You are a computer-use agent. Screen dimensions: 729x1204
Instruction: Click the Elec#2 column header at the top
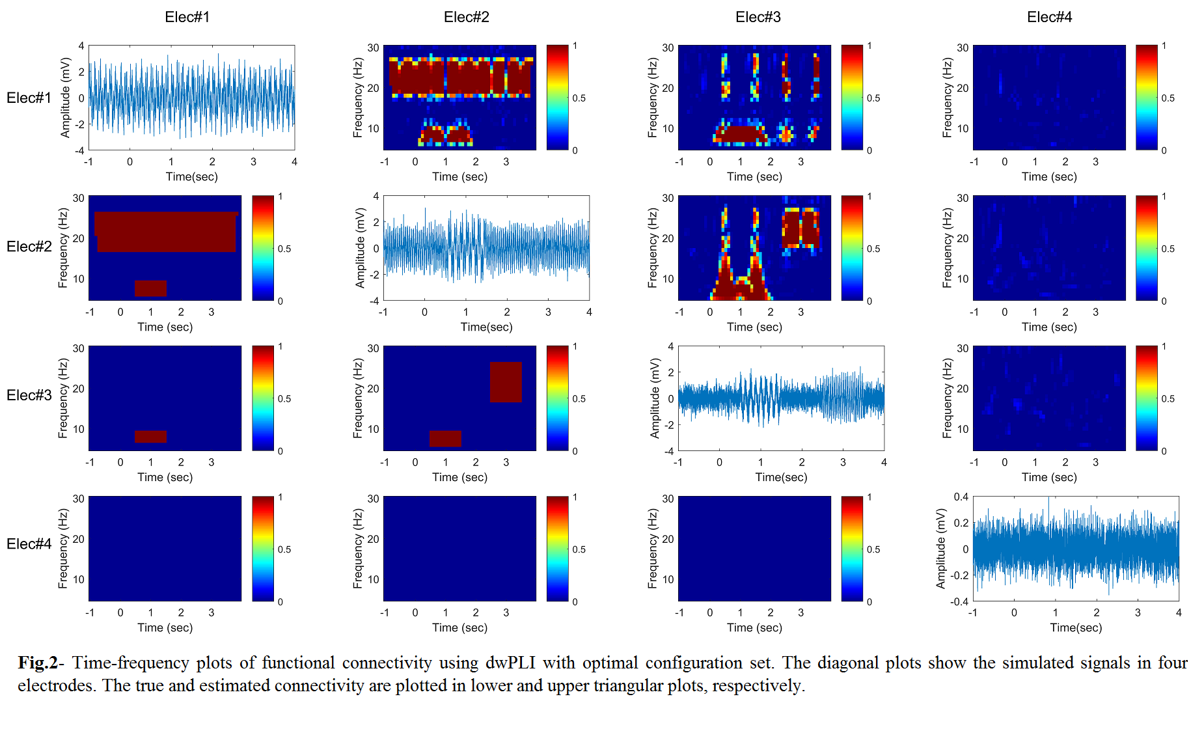tap(466, 17)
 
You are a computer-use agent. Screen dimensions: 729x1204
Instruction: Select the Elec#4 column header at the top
tap(1049, 17)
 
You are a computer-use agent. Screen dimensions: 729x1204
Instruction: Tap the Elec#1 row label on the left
tap(29, 98)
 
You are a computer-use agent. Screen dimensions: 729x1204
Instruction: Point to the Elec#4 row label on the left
tap(29, 543)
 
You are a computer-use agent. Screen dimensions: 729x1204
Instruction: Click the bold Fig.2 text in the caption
tap(38, 663)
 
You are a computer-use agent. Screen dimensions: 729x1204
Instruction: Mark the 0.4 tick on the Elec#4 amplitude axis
tap(961, 497)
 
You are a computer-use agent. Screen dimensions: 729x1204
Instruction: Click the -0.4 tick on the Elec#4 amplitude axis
tap(959, 601)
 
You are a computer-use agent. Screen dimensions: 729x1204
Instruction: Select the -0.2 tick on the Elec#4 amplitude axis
tap(959, 575)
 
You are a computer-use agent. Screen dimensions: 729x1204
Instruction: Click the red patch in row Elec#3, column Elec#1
tap(150, 437)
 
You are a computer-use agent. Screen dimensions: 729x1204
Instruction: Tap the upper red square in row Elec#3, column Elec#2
tap(506, 382)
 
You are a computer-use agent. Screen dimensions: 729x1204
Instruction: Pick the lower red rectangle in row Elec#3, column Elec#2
tap(445, 438)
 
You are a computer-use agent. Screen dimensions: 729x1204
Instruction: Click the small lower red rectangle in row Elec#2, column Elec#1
tap(150, 288)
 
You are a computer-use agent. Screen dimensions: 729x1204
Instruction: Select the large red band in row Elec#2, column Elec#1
tap(166, 232)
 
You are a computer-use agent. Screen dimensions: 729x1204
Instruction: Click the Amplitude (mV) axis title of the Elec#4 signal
tap(940, 549)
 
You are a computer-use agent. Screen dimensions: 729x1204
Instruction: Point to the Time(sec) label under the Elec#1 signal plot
tap(191, 176)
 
